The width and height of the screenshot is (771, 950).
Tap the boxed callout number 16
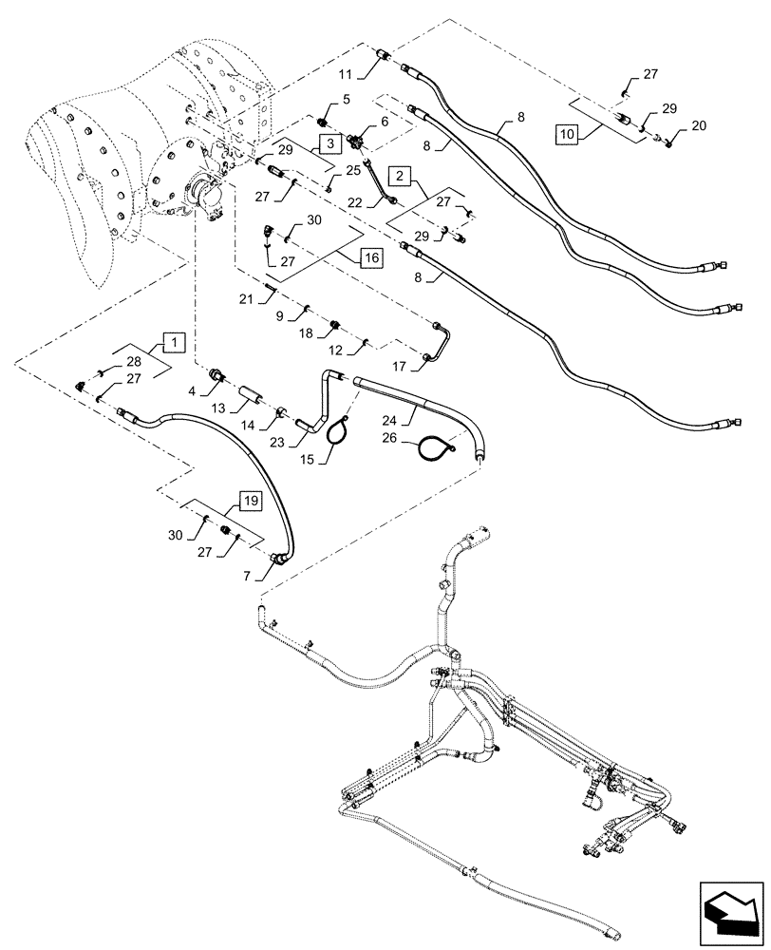click(370, 257)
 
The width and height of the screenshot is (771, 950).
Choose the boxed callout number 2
click(402, 176)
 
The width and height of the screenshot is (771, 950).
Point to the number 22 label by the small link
click(355, 202)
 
